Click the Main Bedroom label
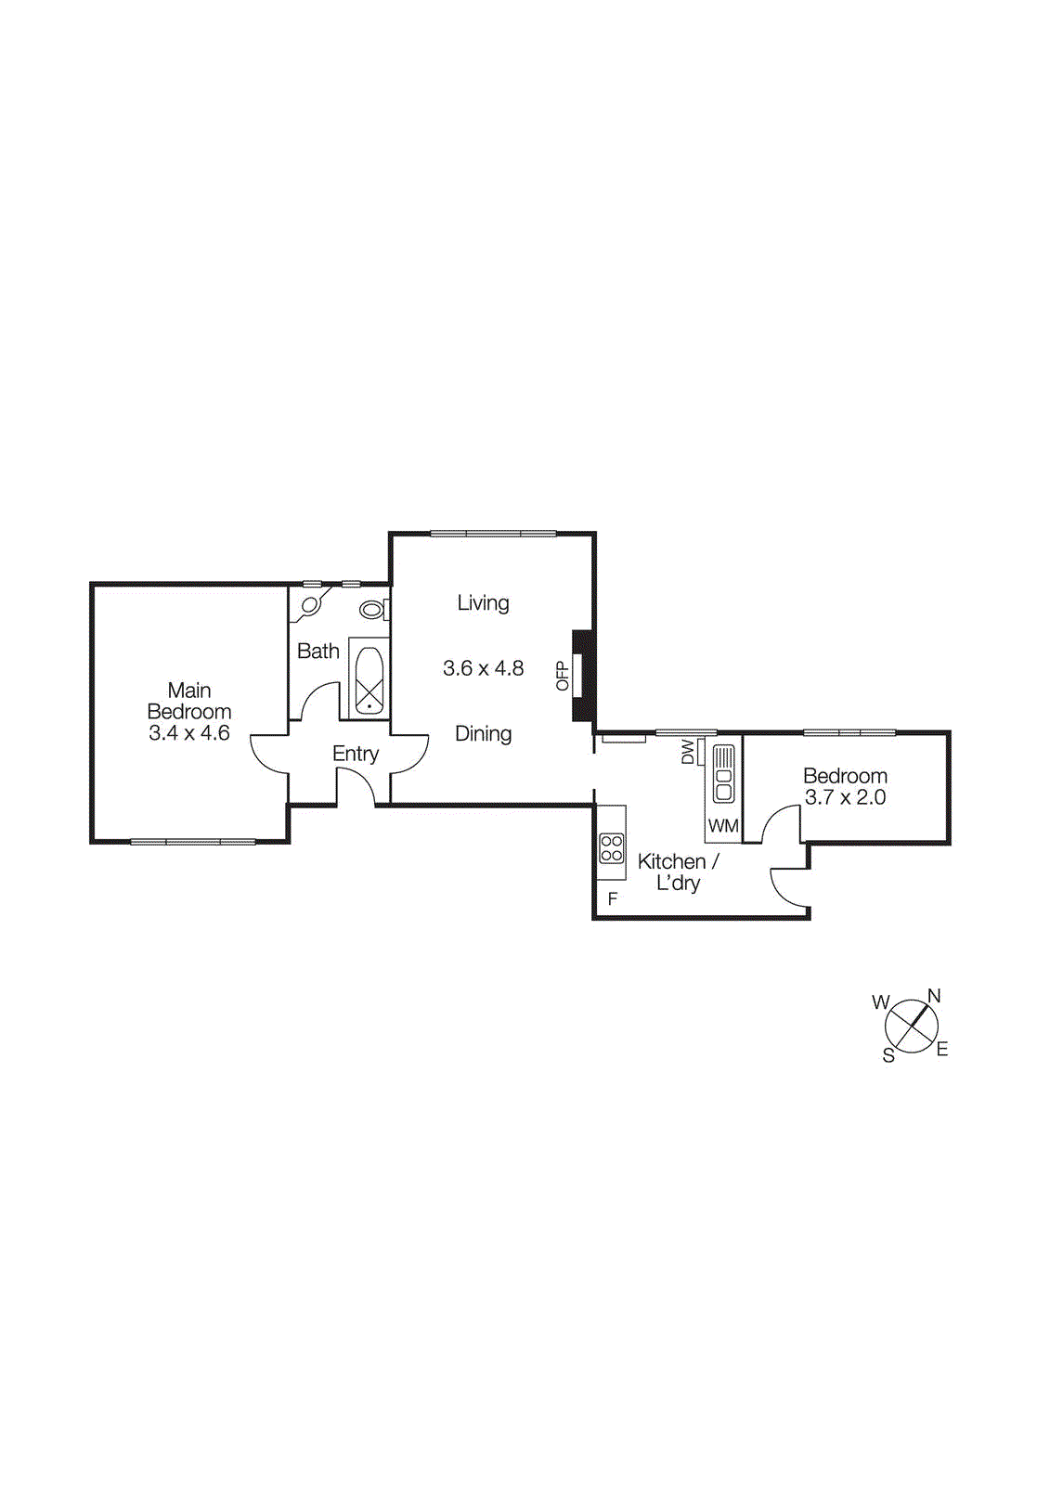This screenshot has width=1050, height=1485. [x=189, y=701]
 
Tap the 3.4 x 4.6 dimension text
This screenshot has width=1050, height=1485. [x=189, y=733]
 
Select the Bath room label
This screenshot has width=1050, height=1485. [x=318, y=652]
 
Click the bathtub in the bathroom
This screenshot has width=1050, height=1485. [x=369, y=679]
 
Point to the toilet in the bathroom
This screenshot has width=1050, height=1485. [x=373, y=610]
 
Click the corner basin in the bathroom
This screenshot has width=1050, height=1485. [x=309, y=605]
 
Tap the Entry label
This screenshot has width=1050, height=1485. [x=356, y=754]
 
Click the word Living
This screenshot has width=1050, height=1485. [x=483, y=603]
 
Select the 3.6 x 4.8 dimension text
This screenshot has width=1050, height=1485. [x=483, y=668]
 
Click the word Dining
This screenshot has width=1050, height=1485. [x=483, y=734]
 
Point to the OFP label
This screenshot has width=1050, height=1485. [x=562, y=675]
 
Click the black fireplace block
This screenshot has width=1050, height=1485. [x=584, y=675]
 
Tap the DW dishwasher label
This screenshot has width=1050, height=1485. [x=688, y=752]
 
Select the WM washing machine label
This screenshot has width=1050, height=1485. [x=723, y=826]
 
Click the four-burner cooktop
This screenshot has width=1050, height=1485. [x=611, y=848]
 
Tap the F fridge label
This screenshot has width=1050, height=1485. [x=612, y=898]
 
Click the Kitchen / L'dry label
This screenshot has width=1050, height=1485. [x=679, y=872]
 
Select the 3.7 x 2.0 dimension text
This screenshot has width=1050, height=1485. [x=845, y=798]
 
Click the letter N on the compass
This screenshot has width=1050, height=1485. [x=934, y=996]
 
